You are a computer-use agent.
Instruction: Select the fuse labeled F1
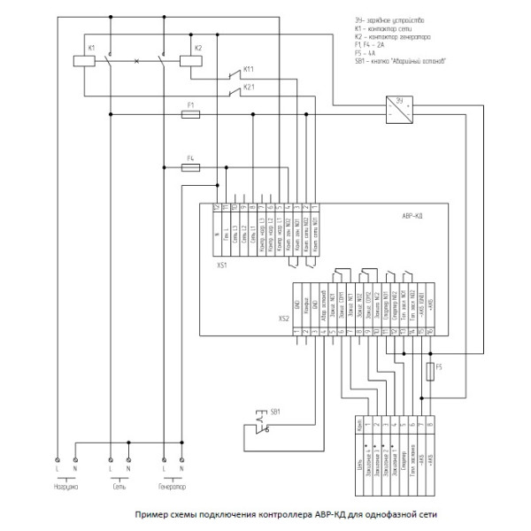pos(189,114)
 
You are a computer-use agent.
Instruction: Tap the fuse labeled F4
pos(189,165)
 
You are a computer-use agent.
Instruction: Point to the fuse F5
pos(429,369)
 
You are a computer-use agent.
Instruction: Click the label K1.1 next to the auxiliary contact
pos(249,69)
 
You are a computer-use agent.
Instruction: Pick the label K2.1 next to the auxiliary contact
pos(249,88)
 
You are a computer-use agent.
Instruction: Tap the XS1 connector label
pos(222,264)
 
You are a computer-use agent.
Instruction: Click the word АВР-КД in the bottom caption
pos(330,512)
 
